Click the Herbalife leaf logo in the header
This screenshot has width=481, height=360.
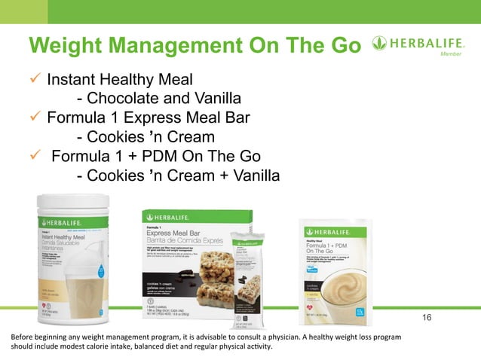381,44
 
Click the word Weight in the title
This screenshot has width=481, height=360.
67,45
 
